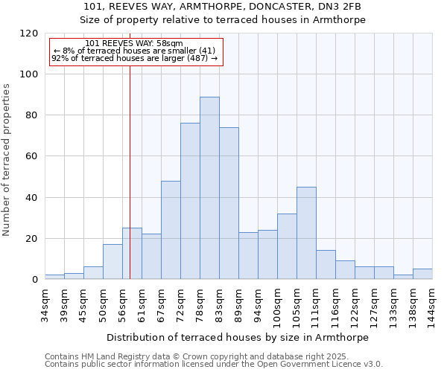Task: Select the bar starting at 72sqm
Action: (190, 201)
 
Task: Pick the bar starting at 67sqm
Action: (171, 230)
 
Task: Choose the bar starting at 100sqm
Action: (287, 246)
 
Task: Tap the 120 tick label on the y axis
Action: (29, 33)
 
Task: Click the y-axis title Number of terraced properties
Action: (7, 159)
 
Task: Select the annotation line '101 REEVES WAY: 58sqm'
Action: (134, 44)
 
